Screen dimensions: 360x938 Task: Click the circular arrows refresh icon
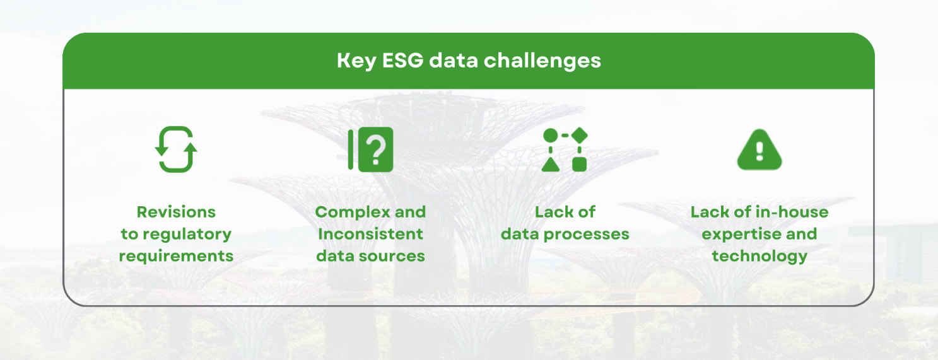(x=176, y=149)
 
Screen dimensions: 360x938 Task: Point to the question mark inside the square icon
(x=376, y=149)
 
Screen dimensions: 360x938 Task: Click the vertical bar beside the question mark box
(x=351, y=149)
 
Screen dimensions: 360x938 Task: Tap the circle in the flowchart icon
(x=550, y=135)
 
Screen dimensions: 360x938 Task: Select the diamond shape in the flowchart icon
(x=580, y=135)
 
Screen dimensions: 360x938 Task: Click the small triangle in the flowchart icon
(x=550, y=164)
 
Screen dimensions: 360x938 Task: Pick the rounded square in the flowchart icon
(x=580, y=164)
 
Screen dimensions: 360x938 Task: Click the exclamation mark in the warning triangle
(x=759, y=151)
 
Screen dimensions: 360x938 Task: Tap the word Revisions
(x=176, y=212)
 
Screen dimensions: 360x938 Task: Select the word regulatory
(x=187, y=234)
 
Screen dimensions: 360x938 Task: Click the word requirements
(x=176, y=256)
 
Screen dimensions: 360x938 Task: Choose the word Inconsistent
(x=370, y=234)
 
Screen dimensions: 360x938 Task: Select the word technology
(x=759, y=256)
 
